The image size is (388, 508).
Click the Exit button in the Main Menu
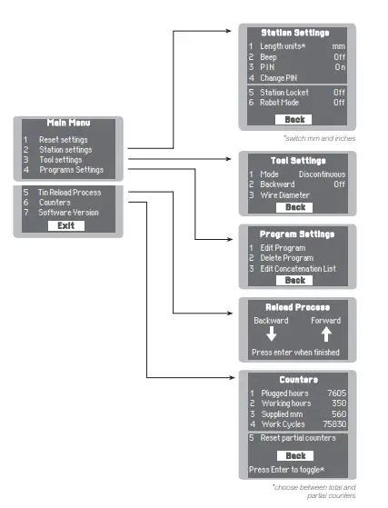[x=65, y=225]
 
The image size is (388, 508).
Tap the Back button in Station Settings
[x=293, y=119]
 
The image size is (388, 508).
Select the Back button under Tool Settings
[x=293, y=207]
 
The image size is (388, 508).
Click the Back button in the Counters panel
[x=293, y=455]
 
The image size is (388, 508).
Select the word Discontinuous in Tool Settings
[x=322, y=173]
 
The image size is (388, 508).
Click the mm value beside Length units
[x=339, y=45]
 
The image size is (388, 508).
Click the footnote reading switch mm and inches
[x=318, y=138]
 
